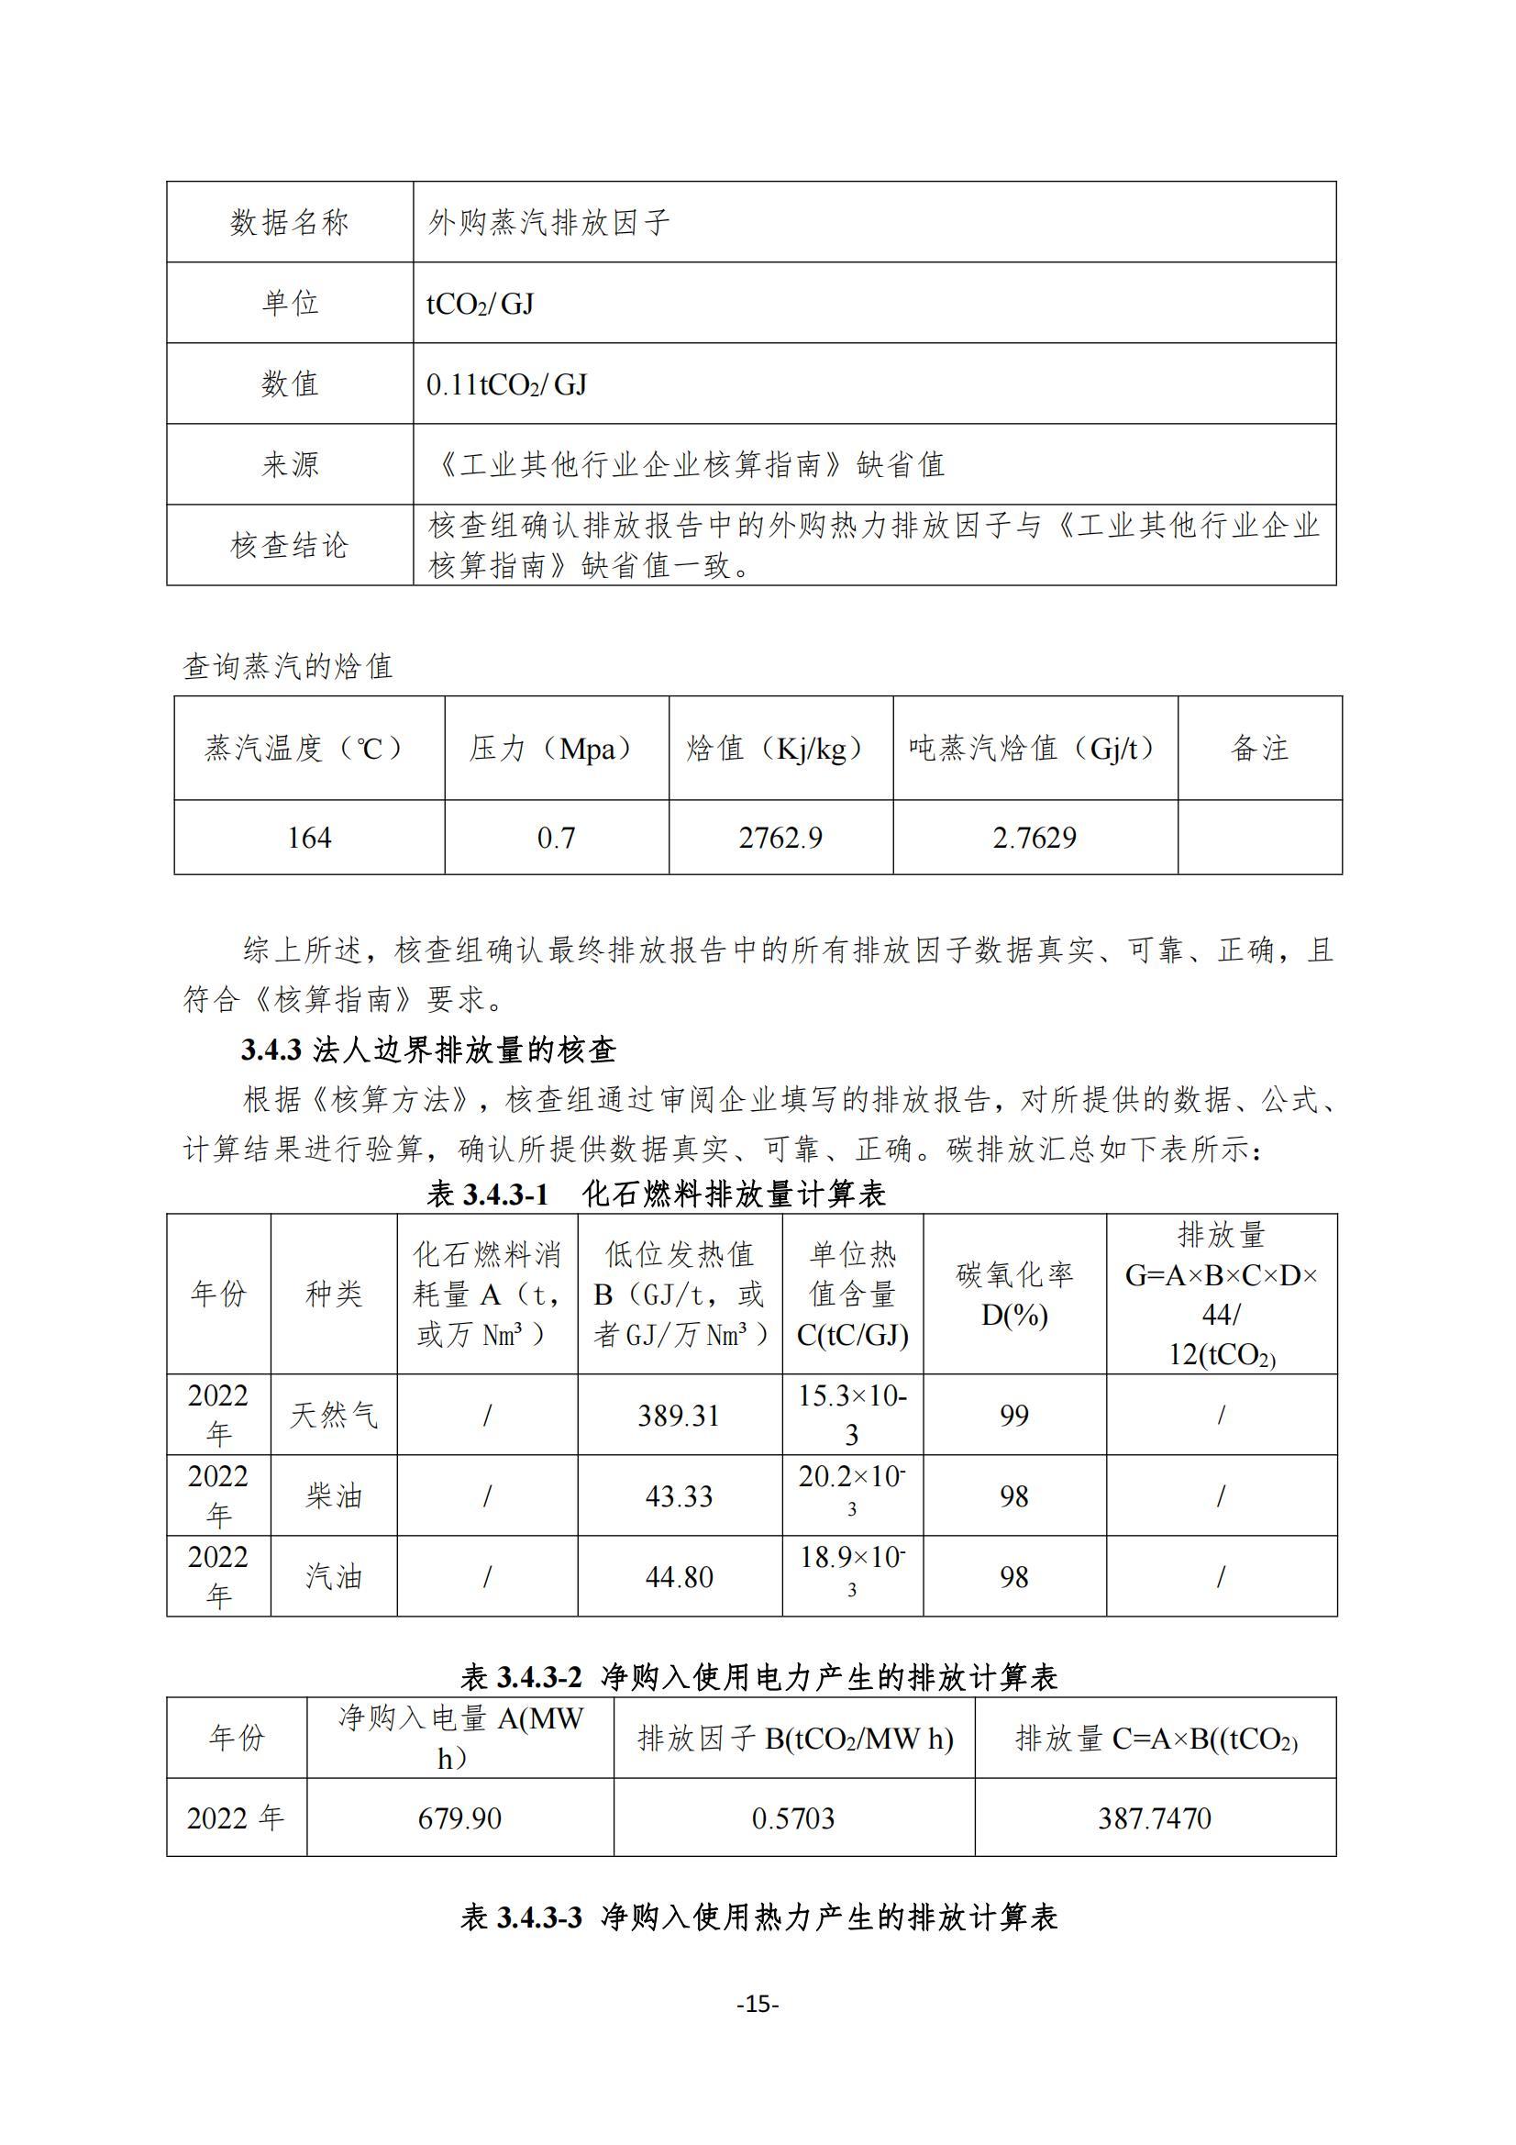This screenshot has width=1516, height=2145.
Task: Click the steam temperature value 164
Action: [x=308, y=837]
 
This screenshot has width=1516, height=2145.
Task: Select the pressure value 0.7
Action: [x=556, y=837]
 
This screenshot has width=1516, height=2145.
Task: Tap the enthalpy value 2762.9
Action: [x=780, y=837]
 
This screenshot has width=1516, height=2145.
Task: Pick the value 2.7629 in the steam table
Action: [x=1034, y=837]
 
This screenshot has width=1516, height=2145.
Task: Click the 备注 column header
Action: [x=1259, y=748]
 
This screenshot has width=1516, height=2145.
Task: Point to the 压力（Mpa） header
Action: [x=556, y=748]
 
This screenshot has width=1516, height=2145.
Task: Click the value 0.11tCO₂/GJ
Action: [x=506, y=384]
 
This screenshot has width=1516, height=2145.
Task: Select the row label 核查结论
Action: [x=290, y=545]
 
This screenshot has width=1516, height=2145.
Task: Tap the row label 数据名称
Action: [x=290, y=222]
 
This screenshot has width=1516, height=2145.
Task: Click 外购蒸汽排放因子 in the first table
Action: [x=549, y=222]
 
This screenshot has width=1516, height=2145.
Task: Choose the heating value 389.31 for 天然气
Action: [x=679, y=1416]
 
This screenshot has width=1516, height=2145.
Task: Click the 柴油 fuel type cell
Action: [x=334, y=1495]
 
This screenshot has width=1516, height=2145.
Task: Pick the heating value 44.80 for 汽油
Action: [x=679, y=1577]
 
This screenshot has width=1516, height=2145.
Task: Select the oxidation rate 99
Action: [x=1013, y=1416]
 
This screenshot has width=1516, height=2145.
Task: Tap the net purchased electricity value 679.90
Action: [x=459, y=1818]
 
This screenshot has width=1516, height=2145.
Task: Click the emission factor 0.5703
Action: [x=793, y=1818]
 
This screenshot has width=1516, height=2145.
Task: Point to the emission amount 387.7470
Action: [x=1155, y=1818]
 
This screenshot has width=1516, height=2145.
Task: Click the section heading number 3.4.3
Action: [x=271, y=1050]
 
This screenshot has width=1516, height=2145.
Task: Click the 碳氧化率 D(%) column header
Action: [x=1013, y=1294]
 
